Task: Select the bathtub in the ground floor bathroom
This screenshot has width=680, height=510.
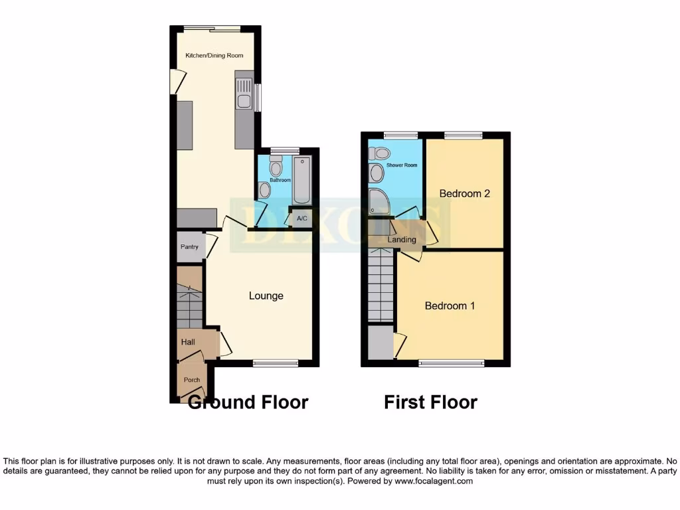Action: [302, 181]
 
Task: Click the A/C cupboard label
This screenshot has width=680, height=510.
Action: [302, 218]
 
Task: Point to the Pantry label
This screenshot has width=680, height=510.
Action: [190, 247]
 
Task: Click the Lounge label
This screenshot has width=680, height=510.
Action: [266, 296]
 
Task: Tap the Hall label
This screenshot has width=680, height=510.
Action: [189, 342]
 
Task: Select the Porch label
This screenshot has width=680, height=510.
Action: [192, 380]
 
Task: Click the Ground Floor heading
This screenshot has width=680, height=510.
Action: [248, 402]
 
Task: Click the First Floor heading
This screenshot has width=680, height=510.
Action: [430, 402]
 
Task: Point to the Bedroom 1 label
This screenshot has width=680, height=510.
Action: [450, 306]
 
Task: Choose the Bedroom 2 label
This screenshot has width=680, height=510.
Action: [465, 194]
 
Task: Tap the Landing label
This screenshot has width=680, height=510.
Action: [402, 240]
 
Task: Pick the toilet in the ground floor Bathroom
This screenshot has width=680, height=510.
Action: [276, 166]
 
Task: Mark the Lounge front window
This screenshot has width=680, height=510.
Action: [276, 363]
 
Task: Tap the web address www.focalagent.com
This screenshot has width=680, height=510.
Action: [435, 481]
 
